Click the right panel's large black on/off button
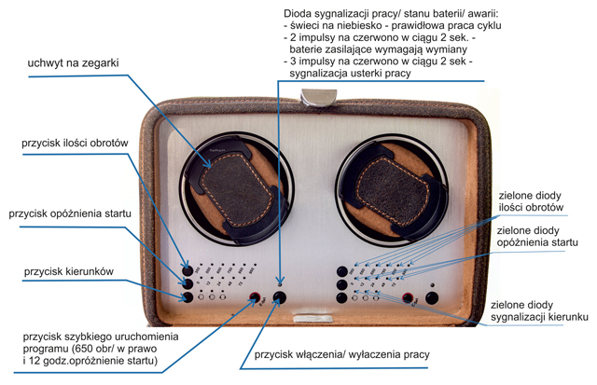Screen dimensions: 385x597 [431, 299]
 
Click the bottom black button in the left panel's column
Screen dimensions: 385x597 [187, 297]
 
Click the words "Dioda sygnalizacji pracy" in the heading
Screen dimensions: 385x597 [340, 12]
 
